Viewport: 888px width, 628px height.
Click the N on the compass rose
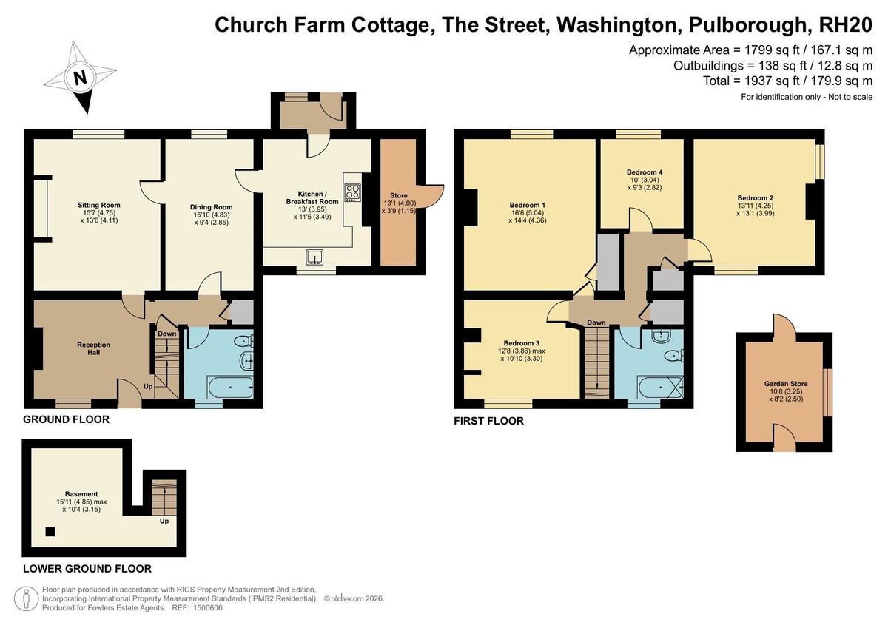81,77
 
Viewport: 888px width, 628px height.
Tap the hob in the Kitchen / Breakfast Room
352,193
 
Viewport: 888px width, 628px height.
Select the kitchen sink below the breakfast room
314,257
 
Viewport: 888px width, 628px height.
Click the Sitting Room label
98,205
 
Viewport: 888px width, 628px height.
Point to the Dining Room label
212,207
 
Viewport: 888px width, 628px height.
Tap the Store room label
398,196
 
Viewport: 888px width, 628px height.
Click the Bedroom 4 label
645,172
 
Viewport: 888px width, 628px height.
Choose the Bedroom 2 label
756,198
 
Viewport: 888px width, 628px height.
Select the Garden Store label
786,384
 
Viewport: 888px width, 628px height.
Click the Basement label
81,494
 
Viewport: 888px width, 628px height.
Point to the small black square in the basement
50,532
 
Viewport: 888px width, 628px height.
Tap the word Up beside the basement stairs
164,521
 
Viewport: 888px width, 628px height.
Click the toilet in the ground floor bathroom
244,341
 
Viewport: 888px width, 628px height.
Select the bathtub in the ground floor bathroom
230,387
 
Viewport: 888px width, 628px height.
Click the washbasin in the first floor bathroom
662,337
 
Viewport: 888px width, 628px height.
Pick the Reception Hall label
93,348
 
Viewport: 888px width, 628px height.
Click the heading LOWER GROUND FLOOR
87,569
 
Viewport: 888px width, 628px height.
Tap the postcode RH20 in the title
845,24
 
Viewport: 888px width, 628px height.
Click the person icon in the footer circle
27,598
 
